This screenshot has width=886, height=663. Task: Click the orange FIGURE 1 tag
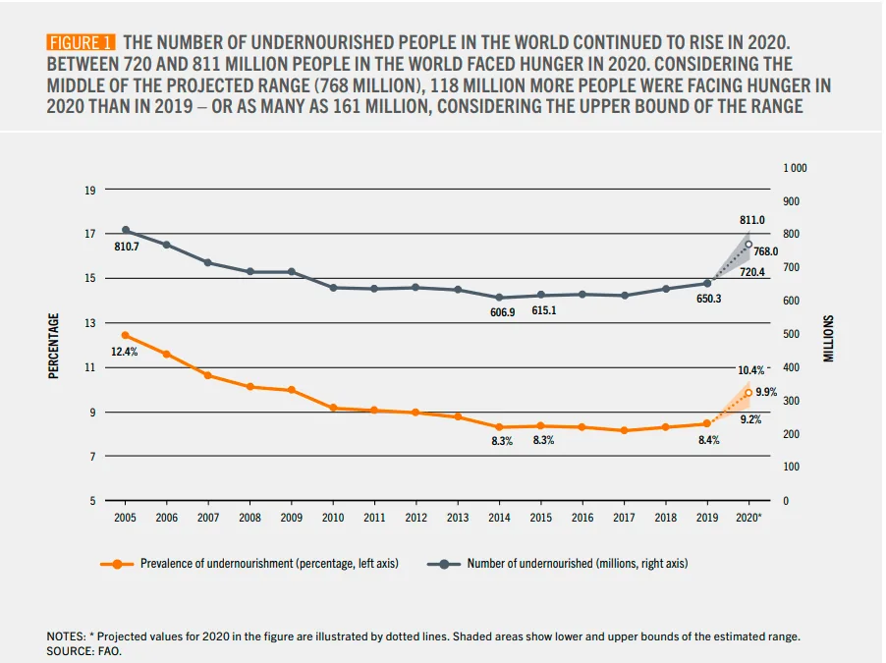(x=82, y=43)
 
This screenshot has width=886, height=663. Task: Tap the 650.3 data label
(x=709, y=299)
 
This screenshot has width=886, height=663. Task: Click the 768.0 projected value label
(x=766, y=252)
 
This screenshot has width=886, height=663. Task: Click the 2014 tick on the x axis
(x=499, y=517)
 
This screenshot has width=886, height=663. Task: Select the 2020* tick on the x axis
(x=748, y=517)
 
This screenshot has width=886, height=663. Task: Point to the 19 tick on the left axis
(x=89, y=190)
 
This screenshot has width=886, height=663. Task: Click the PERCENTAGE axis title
(x=55, y=345)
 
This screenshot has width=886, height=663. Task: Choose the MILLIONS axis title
(x=828, y=339)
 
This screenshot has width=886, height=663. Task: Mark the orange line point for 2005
(x=126, y=335)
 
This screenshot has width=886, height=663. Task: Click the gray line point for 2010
(x=333, y=288)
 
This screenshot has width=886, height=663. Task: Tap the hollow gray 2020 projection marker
(x=748, y=245)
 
